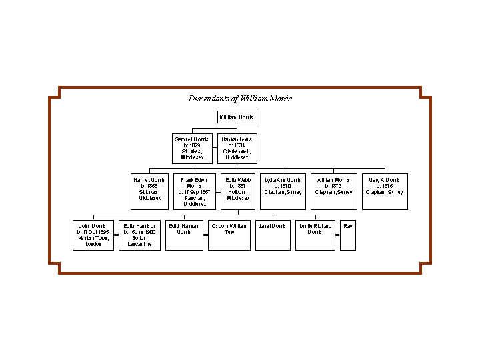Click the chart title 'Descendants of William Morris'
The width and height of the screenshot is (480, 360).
[240, 99]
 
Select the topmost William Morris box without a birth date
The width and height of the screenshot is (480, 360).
[237, 117]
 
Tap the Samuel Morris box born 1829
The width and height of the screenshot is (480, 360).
[192, 149]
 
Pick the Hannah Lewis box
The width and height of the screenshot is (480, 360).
[237, 149]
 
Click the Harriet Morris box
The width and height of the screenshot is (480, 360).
[150, 191]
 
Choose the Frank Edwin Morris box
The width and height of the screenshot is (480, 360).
[195, 191]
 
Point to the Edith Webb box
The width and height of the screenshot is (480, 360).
[237, 191]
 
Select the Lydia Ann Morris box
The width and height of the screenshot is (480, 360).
[283, 191]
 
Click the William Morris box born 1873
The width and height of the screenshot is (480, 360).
[333, 191]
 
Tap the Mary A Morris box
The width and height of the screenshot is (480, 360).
[385, 191]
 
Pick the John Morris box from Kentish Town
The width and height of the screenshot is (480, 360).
[93, 235]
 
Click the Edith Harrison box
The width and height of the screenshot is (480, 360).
[139, 235]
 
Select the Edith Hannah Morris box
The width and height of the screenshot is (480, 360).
[184, 235]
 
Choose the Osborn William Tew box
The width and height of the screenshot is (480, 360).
[229, 235]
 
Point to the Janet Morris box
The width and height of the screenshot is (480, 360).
[273, 235]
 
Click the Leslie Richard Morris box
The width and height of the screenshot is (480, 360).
[315, 235]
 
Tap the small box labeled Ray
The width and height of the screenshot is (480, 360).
[348, 235]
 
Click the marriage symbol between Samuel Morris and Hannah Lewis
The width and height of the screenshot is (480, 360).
[215, 149]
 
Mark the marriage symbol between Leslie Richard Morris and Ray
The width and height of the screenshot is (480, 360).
[337, 235]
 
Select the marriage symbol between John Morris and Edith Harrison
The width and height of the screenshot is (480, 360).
[116, 235]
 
